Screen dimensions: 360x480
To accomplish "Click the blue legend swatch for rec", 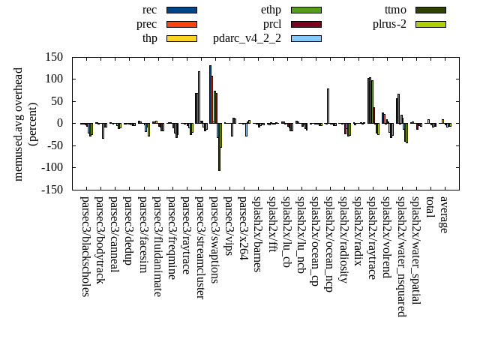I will pos(181,10).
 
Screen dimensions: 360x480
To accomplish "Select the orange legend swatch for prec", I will pos(181,24).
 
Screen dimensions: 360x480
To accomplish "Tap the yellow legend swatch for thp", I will pos(181,38).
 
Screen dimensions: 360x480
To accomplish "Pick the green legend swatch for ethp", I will pos(306,10).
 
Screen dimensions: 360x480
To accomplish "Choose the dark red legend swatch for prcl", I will pos(306,24).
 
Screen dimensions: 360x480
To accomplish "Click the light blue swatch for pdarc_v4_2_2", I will pos(306,38).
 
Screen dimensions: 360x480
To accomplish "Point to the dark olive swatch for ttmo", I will pos(430,10).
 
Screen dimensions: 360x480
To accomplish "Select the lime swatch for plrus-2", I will pos(430,24).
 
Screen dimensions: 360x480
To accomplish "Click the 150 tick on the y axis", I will pos(53,57).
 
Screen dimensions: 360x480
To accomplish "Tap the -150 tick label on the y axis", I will pos(51,190).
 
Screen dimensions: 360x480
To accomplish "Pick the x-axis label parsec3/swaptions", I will pos(214,240).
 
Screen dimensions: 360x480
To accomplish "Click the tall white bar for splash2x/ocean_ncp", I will pos(328,106).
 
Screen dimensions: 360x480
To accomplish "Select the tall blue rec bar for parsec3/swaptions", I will pos(210,94).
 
